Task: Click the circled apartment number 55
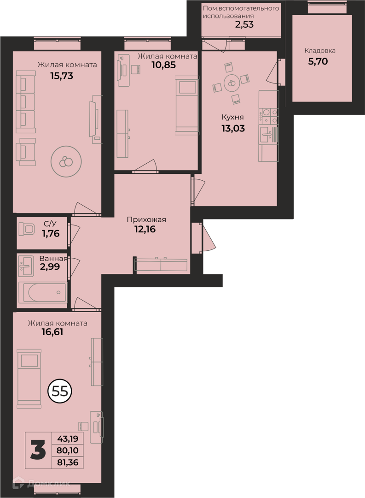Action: (60, 391)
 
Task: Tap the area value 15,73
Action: (62, 76)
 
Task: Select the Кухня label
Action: (232, 117)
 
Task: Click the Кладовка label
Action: (319, 51)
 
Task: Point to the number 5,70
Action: (318, 61)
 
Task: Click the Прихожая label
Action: (146, 219)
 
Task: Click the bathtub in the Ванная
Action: (43, 292)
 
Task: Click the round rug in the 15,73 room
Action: (66, 161)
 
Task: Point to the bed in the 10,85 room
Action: (187, 105)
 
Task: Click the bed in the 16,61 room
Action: (29, 378)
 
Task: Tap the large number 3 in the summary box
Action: (38, 450)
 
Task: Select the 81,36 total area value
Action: (68, 462)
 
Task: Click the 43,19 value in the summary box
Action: (68, 439)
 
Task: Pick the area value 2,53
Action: (244, 24)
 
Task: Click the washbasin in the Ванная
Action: (26, 266)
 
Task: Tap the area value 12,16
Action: (145, 229)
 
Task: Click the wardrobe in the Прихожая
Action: (162, 265)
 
